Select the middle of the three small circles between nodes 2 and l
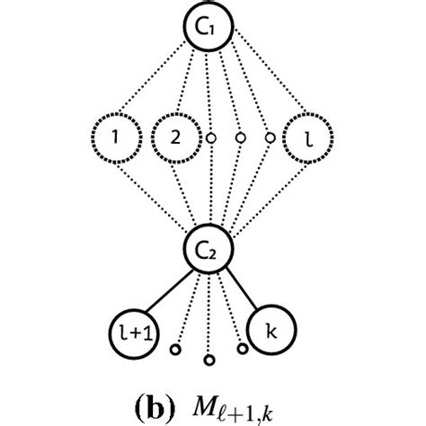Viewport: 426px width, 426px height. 241,139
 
